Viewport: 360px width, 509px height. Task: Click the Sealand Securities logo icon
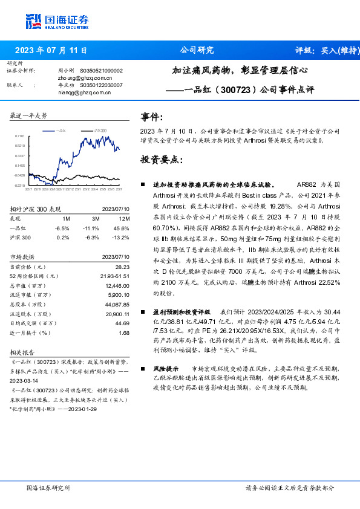click(x=34, y=22)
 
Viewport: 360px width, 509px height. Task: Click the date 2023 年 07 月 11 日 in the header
click(x=51, y=50)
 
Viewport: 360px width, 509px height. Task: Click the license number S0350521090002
click(x=101, y=71)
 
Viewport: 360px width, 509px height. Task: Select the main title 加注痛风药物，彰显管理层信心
click(x=241, y=71)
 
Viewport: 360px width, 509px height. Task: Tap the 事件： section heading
click(x=151, y=117)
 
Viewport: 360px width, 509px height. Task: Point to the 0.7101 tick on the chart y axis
click(x=19, y=137)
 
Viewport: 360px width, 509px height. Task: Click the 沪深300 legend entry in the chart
click(x=100, y=130)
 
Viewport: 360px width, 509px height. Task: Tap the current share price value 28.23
click(x=123, y=266)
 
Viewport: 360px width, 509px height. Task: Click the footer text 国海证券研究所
click(x=49, y=487)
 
